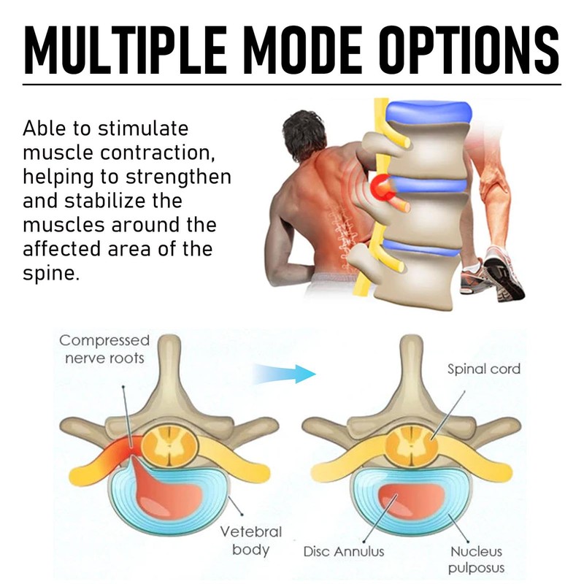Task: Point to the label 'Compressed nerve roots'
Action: (x=104, y=349)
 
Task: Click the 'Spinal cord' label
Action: (x=484, y=369)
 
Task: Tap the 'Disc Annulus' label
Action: (x=344, y=552)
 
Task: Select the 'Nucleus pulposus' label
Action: (x=477, y=559)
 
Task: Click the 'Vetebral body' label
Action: (x=251, y=539)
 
